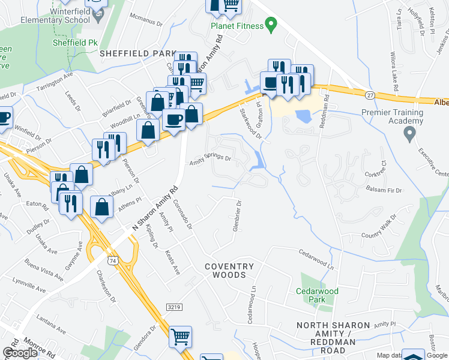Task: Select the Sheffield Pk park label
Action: tap(74, 43)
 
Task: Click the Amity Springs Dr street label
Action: tap(211, 160)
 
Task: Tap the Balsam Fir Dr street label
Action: tap(384, 190)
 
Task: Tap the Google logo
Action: tap(20, 353)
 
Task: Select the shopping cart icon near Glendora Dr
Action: tap(180, 337)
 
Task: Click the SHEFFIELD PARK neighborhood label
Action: tap(137, 53)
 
